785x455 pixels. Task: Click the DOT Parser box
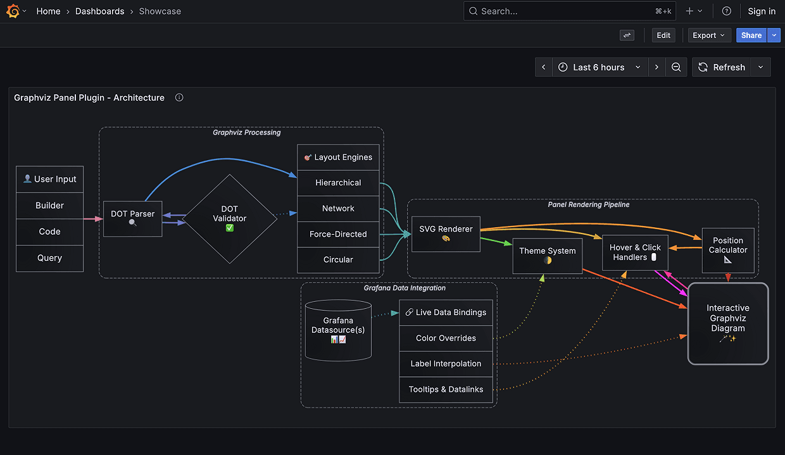tap(132, 219)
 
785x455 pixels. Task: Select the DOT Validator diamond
tap(229, 218)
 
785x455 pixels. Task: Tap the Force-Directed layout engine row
tap(338, 234)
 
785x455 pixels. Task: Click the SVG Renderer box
tap(446, 234)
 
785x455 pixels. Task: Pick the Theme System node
tap(547, 256)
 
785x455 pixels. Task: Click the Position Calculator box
tap(728, 249)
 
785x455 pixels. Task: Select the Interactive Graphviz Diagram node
tap(728, 323)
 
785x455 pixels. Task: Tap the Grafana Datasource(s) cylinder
tap(337, 330)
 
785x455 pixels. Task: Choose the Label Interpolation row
tap(446, 364)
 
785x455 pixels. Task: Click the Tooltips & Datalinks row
tap(446, 389)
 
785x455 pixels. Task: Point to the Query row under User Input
tap(49, 258)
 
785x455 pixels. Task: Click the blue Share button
tap(751, 35)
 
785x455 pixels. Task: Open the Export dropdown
tap(709, 35)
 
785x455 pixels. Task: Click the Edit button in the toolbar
tap(663, 35)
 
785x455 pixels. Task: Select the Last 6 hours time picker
tap(599, 67)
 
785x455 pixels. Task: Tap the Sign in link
tap(761, 11)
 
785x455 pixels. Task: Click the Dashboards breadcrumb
tap(99, 11)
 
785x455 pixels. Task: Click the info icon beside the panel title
tap(179, 97)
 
